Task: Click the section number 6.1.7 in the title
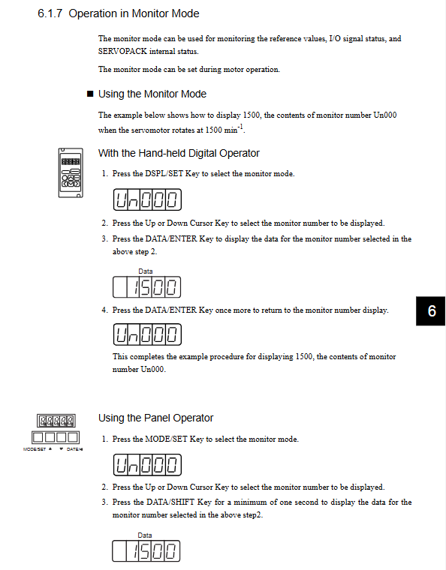[50, 13]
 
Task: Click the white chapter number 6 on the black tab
[432, 310]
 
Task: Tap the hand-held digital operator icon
[71, 172]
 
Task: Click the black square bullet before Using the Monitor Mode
[90, 94]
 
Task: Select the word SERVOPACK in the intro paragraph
[122, 51]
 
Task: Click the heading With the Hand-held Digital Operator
[179, 154]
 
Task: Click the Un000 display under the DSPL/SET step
[147, 199]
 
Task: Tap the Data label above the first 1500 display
[146, 271]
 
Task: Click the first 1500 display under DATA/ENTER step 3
[146, 287]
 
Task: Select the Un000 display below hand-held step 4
[147, 334]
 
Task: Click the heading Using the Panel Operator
[155, 418]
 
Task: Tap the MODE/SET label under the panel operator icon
[35, 449]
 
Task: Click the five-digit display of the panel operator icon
[56, 421]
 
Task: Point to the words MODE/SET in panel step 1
[166, 439]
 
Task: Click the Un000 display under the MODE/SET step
[147, 465]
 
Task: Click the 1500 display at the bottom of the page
[146, 551]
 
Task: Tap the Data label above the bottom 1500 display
[145, 535]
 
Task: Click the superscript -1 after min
[240, 127]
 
